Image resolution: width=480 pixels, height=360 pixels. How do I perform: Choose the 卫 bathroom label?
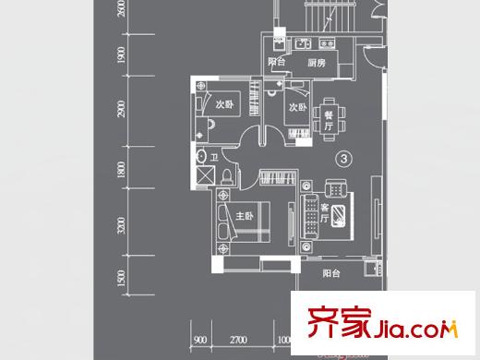213,157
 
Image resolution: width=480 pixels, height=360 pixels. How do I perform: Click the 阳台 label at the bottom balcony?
331,273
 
